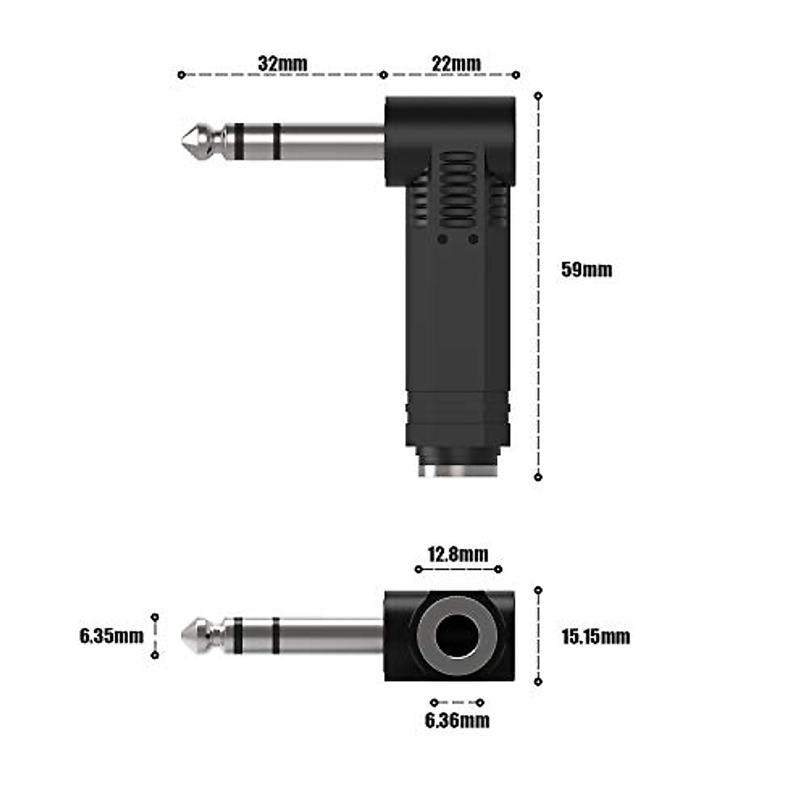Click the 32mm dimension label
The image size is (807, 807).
(282, 63)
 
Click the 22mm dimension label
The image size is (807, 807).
(456, 63)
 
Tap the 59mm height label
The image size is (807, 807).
(586, 270)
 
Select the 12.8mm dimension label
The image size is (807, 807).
(458, 554)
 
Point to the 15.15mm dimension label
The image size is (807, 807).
(596, 636)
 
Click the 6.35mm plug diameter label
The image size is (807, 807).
(112, 636)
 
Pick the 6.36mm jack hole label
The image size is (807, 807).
(457, 720)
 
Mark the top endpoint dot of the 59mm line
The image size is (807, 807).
(538, 96)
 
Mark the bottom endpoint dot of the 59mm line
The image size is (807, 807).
(538, 477)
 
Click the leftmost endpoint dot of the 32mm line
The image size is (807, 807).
(181, 75)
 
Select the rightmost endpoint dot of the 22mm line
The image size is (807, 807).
(516, 75)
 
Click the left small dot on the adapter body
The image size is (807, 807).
(442, 239)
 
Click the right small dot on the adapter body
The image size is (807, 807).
(473, 239)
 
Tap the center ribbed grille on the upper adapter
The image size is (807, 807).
(457, 192)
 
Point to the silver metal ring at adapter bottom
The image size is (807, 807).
(457, 469)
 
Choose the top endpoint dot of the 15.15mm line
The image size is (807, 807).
(538, 590)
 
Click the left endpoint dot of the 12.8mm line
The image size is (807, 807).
(418, 570)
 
